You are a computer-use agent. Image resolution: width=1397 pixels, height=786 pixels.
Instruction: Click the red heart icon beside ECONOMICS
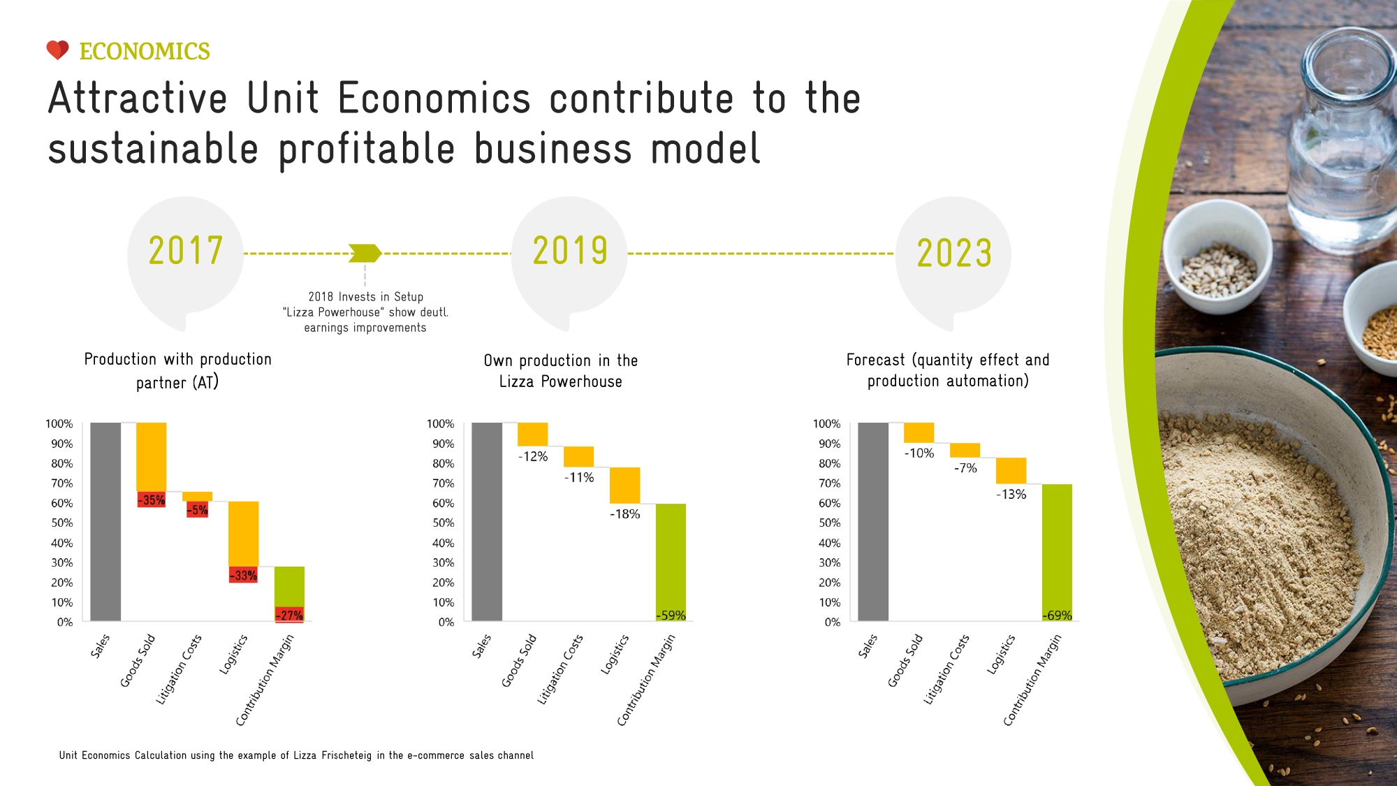[57, 50]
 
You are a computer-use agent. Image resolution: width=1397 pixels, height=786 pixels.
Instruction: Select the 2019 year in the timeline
[570, 251]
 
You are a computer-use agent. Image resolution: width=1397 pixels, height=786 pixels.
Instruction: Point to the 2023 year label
[954, 253]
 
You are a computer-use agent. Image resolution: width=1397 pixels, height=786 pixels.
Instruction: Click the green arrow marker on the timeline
[365, 253]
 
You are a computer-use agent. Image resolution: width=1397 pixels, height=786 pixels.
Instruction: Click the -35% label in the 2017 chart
[152, 500]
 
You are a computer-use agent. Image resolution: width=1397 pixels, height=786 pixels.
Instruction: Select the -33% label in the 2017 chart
[244, 576]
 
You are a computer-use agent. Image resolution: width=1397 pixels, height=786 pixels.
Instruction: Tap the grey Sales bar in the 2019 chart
[487, 521]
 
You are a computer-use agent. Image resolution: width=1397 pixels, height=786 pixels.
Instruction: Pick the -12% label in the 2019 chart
[533, 457]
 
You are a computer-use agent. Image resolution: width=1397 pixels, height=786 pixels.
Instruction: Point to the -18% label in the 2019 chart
[624, 514]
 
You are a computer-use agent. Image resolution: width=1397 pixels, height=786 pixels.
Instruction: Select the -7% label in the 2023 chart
[965, 468]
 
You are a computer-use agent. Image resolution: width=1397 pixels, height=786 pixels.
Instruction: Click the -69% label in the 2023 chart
[1057, 616]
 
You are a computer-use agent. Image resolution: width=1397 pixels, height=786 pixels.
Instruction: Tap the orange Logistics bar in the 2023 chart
[1011, 471]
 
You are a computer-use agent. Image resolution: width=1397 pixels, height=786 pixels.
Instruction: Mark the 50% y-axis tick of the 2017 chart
[61, 523]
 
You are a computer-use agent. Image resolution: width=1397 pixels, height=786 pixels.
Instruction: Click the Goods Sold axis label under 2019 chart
[519, 660]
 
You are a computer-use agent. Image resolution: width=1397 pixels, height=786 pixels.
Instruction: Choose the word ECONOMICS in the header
[145, 52]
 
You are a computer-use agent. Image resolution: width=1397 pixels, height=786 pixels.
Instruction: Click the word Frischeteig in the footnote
[347, 755]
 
